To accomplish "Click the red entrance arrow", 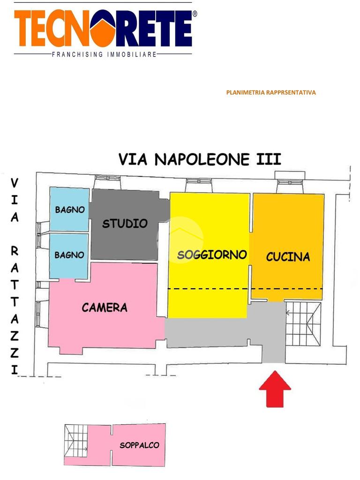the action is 275,388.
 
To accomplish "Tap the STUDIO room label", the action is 125,224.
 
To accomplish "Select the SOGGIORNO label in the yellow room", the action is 212,255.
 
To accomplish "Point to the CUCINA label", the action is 288,257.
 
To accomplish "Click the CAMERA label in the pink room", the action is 105,307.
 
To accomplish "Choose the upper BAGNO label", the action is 70,210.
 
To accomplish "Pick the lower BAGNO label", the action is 69,255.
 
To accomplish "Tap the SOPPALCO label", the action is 139,445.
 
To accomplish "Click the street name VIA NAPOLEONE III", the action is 200,159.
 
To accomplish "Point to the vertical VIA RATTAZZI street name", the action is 15,277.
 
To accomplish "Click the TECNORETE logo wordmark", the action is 103,29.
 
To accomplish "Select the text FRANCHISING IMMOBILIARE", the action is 103,55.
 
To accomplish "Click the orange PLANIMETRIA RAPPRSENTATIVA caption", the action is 271,92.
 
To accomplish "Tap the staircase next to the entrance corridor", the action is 303,323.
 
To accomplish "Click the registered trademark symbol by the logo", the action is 195,14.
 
